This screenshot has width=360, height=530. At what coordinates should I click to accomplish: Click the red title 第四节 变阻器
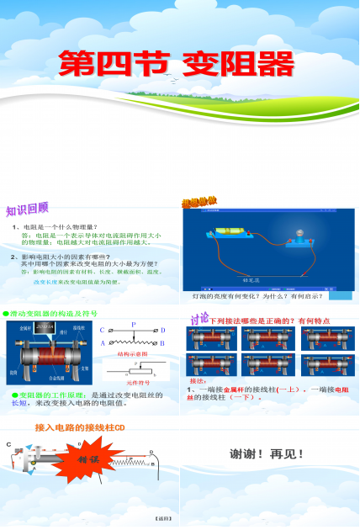(x=176, y=63)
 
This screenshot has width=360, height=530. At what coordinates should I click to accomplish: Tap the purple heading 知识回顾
(x=27, y=209)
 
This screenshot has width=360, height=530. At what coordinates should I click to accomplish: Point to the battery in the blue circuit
(x=230, y=231)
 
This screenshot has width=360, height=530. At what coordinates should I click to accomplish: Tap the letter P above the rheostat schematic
(x=133, y=323)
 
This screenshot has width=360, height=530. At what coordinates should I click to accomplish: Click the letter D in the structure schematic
(x=161, y=331)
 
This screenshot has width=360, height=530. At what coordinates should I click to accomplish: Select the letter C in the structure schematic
(x=103, y=331)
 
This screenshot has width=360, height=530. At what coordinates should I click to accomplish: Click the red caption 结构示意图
(x=132, y=356)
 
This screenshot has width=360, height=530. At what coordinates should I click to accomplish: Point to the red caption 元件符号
(x=132, y=382)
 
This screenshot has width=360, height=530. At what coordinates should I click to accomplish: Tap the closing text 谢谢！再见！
(x=267, y=454)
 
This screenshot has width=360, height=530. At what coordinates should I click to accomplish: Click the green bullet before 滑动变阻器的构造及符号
(x=5, y=314)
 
